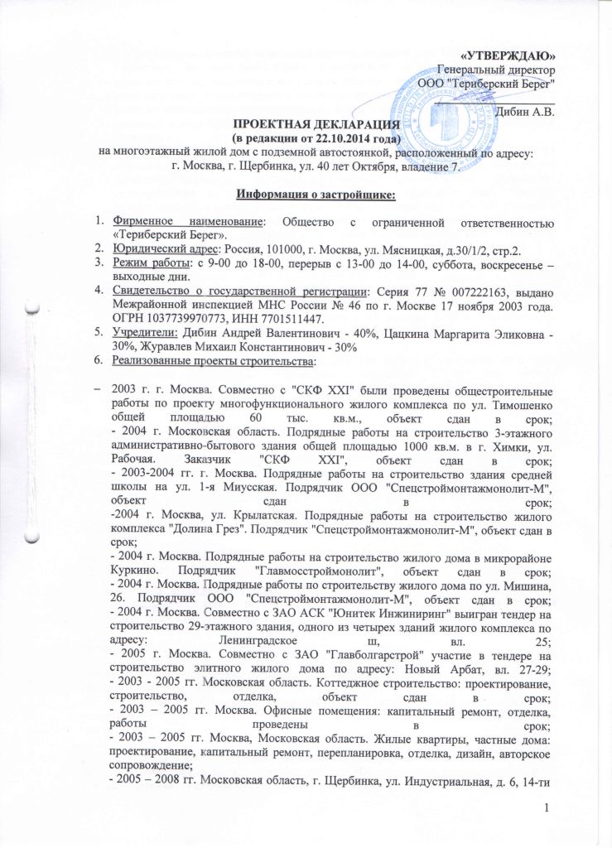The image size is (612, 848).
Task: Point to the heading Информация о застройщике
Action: (304, 195)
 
